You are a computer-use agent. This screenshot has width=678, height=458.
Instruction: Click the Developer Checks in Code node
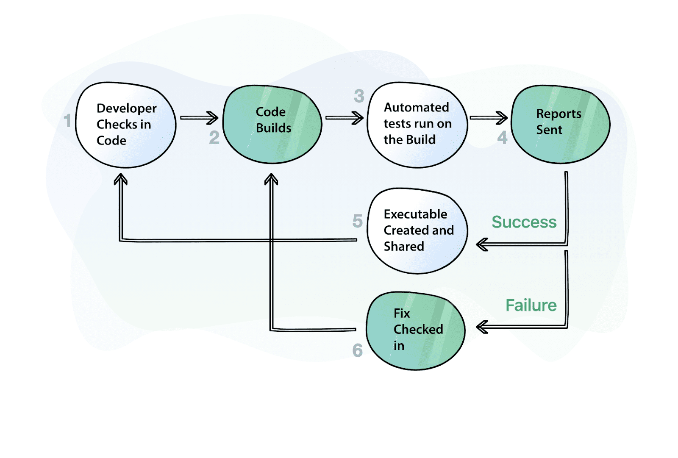tap(125, 125)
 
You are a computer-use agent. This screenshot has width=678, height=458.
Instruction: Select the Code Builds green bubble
tap(272, 124)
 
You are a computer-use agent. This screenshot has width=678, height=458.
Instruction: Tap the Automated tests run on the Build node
tap(417, 125)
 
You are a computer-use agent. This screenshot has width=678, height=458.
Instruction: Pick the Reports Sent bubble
tap(560, 124)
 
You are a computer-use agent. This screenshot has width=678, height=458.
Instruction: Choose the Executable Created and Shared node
tap(417, 230)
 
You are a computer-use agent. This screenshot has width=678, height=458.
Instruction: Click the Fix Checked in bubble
tap(415, 330)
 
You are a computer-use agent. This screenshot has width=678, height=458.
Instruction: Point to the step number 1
tap(67, 121)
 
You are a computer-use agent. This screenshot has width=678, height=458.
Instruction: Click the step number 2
tap(214, 138)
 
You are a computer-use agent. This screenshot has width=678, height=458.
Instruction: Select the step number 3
tap(359, 96)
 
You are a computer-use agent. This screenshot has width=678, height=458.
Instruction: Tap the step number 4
tap(502, 138)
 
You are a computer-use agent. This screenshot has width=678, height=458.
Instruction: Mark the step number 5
tap(357, 221)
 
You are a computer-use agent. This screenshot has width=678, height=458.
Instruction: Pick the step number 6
tap(357, 350)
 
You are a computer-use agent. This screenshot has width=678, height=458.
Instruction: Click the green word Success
tap(524, 222)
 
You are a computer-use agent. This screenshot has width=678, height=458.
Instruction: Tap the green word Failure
tap(531, 305)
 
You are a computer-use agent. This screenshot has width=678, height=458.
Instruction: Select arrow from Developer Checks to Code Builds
tap(199, 118)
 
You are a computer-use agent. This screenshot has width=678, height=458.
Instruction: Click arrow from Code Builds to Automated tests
tap(344, 118)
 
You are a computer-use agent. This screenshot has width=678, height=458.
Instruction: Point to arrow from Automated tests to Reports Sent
tap(489, 118)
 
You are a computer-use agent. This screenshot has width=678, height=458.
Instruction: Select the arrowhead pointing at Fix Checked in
tap(482, 327)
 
